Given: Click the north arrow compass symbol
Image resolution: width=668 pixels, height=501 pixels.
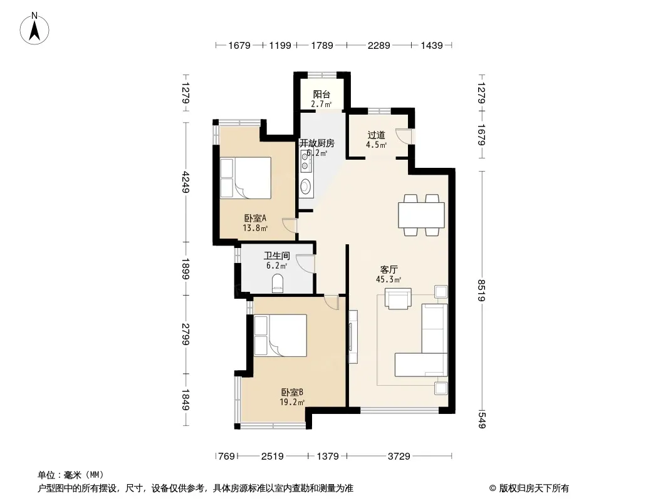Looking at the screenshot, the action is click(34, 29).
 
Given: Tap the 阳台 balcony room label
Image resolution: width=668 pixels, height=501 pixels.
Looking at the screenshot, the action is click(321, 95).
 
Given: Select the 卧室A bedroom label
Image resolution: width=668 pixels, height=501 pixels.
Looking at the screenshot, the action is click(255, 219).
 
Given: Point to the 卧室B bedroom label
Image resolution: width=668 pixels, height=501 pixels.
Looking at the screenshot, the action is click(292, 392).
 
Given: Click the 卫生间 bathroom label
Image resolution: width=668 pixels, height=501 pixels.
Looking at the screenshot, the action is click(276, 256).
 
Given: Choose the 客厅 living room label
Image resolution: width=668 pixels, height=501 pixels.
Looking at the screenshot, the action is click(389, 269).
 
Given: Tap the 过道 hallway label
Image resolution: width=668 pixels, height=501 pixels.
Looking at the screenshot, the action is click(376, 135).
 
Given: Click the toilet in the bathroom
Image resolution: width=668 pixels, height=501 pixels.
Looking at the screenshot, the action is click(278, 284).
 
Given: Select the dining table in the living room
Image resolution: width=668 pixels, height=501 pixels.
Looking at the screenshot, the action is click(421, 215).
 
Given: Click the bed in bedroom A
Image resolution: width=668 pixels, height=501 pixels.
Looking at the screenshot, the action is click(246, 178).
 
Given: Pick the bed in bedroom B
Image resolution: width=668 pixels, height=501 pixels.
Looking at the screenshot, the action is click(280, 335).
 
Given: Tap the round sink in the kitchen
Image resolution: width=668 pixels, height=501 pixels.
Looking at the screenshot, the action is click(305, 185).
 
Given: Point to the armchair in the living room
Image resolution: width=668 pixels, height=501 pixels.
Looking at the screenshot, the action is click(398, 297).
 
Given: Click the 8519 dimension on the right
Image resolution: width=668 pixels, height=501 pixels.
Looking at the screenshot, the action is click(481, 291).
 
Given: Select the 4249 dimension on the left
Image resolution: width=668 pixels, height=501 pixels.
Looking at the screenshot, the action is click(185, 182).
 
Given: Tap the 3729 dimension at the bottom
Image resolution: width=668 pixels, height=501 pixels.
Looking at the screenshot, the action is click(399, 457).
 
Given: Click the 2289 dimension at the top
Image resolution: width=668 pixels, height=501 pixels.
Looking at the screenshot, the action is click(378, 45).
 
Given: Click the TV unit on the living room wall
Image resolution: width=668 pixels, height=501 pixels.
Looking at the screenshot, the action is click(352, 337).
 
